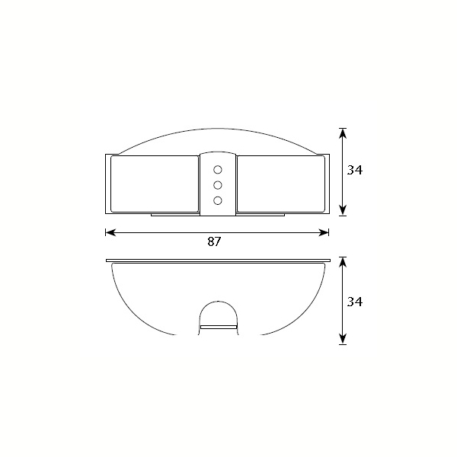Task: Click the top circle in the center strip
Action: [218, 170]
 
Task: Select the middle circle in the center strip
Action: [218, 185]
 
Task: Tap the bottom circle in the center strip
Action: [218, 200]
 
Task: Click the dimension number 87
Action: [215, 241]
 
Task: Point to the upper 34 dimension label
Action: [355, 170]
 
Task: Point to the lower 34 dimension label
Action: [355, 302]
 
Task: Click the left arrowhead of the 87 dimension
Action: [110, 232]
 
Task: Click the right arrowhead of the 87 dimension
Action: [324, 232]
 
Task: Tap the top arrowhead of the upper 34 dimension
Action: [343, 133]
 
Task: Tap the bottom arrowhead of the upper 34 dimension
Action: [343, 210]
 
